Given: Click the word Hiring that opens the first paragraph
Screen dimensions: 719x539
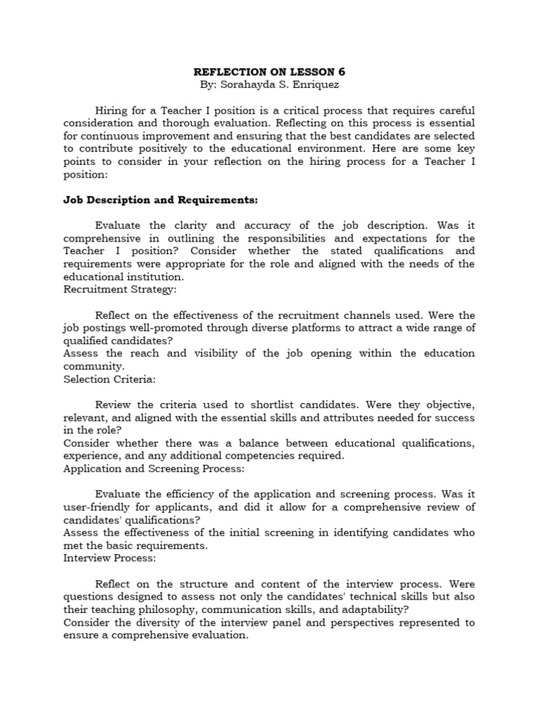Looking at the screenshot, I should point(113,110).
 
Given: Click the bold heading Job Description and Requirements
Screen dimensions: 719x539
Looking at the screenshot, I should point(161,200).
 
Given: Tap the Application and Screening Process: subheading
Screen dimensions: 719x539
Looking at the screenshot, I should point(154,468).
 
